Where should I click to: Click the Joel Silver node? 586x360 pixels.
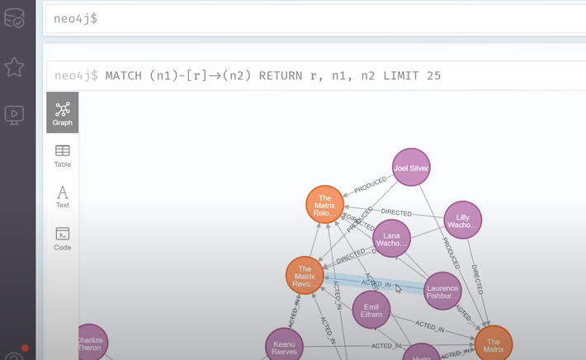(x=411, y=168)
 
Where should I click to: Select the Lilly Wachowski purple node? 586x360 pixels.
(x=461, y=220)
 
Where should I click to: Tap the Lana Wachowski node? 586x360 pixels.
(x=391, y=239)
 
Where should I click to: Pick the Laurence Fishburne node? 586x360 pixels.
(x=442, y=291)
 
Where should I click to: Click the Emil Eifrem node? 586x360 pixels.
(x=371, y=310)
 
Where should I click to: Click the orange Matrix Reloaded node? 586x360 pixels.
(x=324, y=205)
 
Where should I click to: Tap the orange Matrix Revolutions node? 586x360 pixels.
(x=305, y=275)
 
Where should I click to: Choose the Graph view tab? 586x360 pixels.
(x=63, y=113)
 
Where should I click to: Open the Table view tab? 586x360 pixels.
(x=63, y=154)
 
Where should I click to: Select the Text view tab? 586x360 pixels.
(x=63, y=197)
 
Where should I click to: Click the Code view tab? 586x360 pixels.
(x=63, y=238)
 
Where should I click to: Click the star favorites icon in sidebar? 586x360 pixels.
(x=14, y=67)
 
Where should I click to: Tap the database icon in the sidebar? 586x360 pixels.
(x=14, y=18)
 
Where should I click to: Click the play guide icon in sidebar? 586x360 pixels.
(x=14, y=115)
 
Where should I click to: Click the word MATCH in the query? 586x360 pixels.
(x=125, y=76)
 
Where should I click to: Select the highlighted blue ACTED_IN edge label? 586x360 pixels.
(x=376, y=283)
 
